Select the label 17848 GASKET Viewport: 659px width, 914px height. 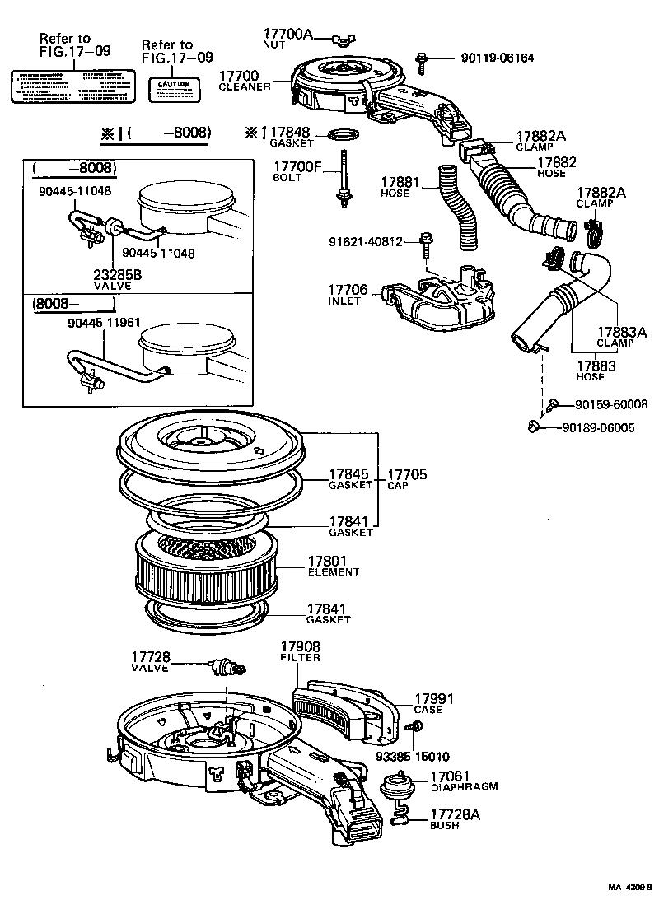289,136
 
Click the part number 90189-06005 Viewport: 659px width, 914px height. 598,427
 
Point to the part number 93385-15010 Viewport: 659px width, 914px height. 414,756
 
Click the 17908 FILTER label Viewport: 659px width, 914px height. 300,651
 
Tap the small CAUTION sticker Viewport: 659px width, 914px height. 174,88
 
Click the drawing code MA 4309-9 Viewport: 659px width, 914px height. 629,887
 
